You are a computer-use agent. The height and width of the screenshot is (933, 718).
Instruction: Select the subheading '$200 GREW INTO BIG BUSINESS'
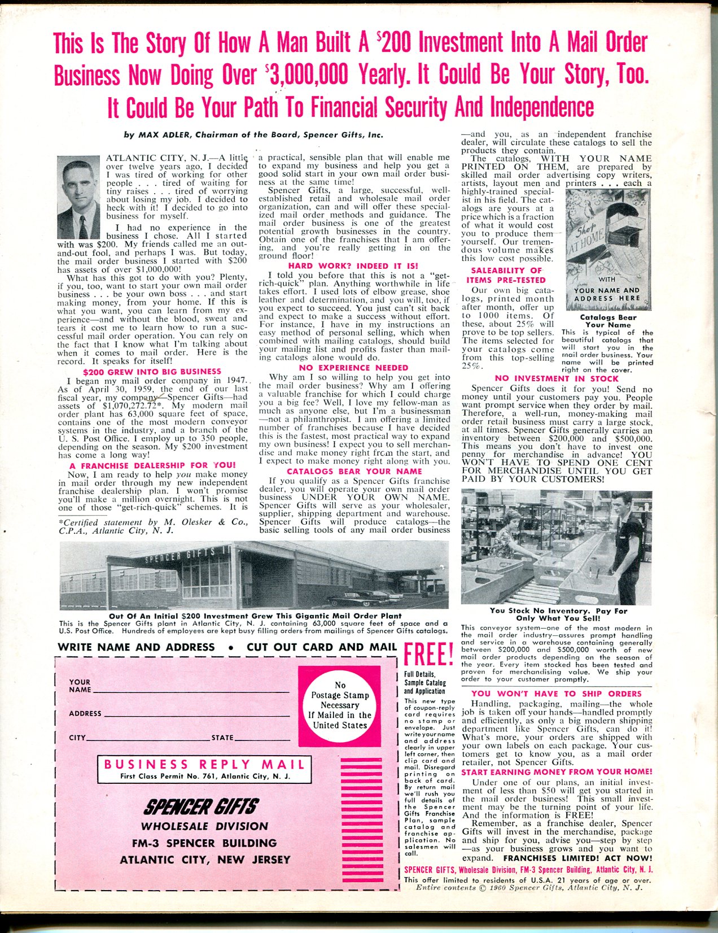[x=152, y=372]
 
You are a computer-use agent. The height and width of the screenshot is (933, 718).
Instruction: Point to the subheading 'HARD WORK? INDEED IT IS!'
[x=353, y=265]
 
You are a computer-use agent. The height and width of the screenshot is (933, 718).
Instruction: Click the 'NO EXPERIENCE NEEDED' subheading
[x=353, y=367]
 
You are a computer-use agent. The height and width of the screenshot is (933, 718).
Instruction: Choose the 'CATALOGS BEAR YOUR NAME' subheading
[x=354, y=471]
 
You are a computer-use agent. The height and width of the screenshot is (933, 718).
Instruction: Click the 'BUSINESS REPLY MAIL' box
[x=204, y=769]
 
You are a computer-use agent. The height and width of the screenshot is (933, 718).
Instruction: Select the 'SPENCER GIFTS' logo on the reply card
[x=202, y=806]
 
